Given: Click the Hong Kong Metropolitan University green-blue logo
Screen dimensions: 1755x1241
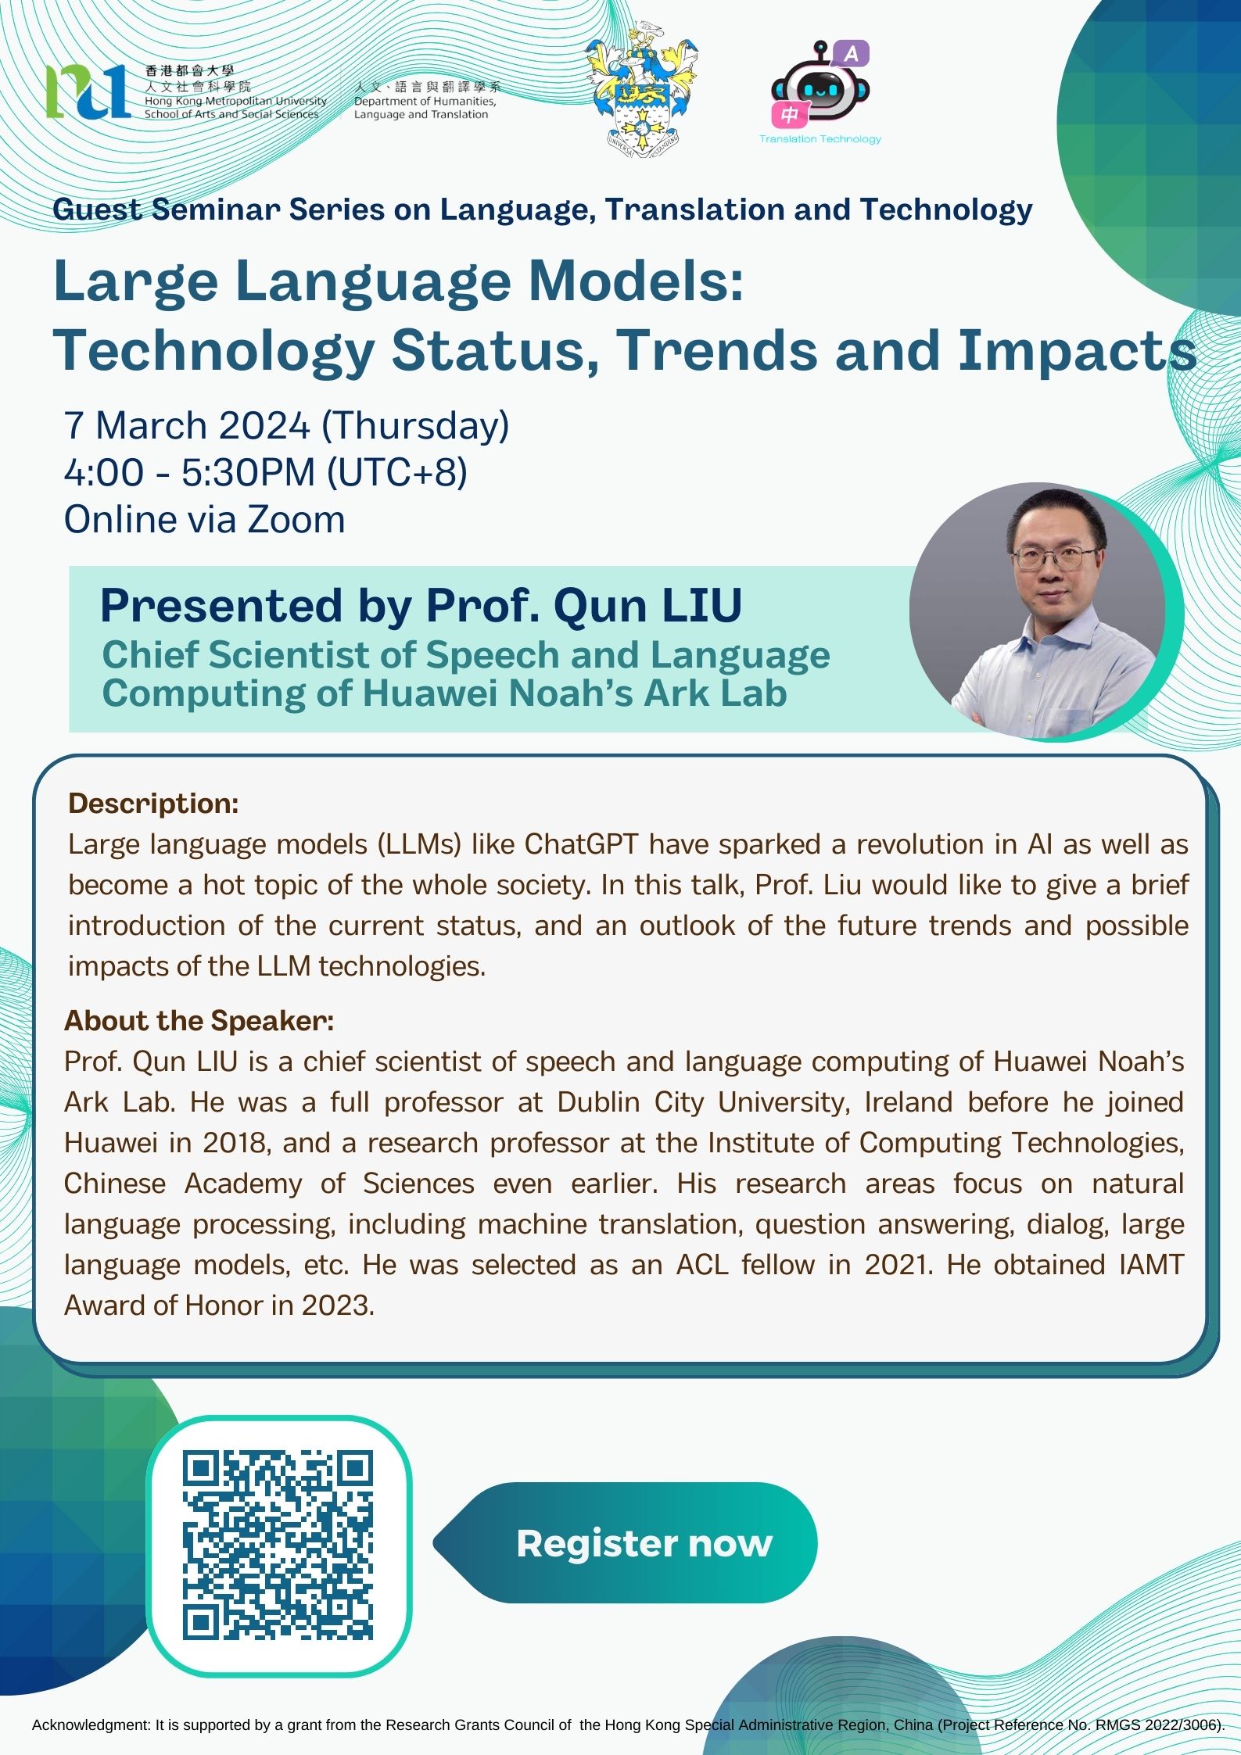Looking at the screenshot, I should (x=88, y=91).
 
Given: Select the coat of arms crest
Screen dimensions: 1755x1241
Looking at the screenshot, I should (x=644, y=92).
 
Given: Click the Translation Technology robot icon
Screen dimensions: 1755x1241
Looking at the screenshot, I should (x=820, y=87).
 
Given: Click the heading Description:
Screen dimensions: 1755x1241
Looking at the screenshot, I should (x=153, y=804).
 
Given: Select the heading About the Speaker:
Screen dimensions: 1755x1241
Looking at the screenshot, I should (x=199, y=1021).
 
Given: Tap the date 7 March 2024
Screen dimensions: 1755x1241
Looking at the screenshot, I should (x=187, y=426).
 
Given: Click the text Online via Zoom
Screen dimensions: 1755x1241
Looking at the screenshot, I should (x=204, y=520).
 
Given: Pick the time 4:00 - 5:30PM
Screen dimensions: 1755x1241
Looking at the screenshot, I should (x=190, y=473).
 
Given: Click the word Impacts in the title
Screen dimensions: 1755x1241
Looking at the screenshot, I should (x=1078, y=350).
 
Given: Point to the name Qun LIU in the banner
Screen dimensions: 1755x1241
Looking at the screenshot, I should (x=648, y=606).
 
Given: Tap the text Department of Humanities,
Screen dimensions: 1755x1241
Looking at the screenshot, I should (x=425, y=101).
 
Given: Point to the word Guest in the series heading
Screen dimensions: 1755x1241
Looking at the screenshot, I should (x=97, y=210).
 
